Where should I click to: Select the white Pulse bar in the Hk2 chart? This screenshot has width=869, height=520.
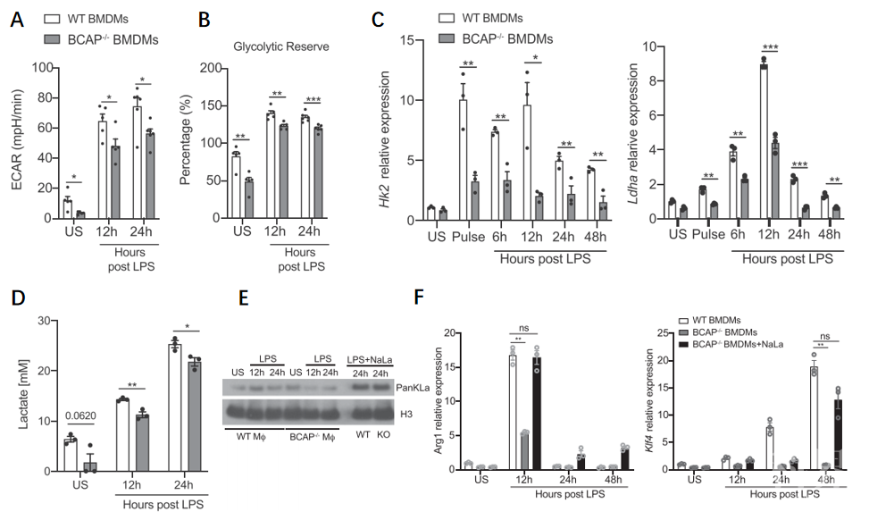[x=464, y=159]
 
